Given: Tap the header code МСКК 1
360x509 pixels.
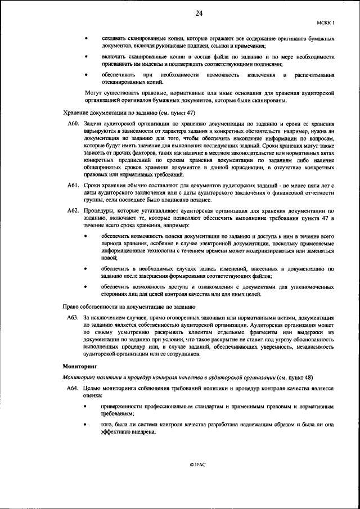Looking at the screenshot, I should [x=326, y=23].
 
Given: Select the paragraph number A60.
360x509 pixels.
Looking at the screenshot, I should [x=73, y=123].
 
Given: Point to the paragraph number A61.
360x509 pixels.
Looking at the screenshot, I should [x=73, y=185].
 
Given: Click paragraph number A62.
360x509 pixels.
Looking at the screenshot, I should [x=73, y=210].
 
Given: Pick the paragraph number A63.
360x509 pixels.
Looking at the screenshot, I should [x=73, y=318].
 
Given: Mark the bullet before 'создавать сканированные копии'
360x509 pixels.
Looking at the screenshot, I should [x=86, y=38].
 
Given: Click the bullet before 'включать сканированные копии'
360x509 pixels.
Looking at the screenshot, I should [x=86, y=57].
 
